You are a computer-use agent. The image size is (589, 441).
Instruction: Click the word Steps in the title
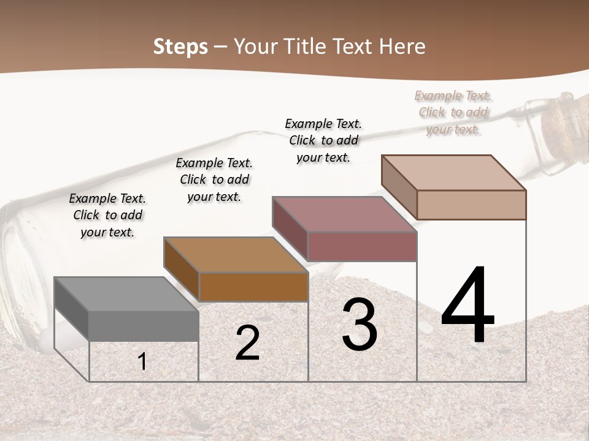[180, 47]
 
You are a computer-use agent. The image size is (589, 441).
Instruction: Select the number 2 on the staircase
[247, 343]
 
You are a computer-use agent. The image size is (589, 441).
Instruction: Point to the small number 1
[142, 361]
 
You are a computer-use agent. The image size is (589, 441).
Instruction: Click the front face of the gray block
[144, 326]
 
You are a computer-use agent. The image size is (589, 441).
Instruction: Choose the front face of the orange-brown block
[253, 287]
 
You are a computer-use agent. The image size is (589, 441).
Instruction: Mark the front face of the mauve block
[362, 246]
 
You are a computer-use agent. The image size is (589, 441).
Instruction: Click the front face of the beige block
[471, 205]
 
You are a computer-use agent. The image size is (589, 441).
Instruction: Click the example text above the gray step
[107, 215]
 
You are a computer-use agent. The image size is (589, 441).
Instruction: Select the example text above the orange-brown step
[214, 179]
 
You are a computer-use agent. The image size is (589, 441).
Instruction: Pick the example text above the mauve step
[323, 140]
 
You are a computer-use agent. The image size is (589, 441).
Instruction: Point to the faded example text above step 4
[453, 112]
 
